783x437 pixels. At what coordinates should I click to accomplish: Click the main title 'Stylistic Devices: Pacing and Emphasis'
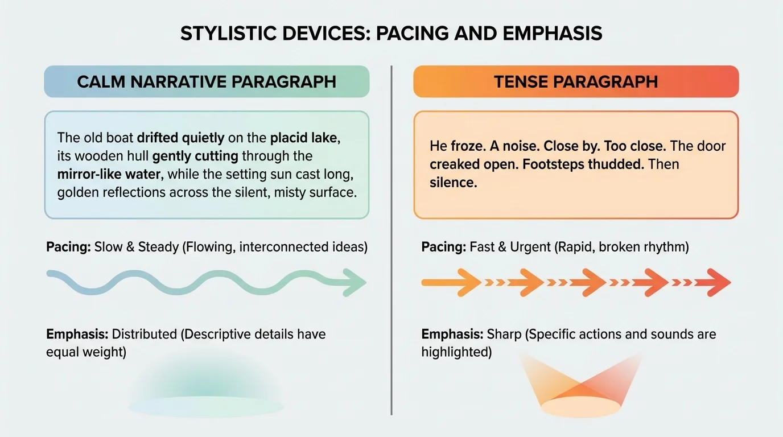pos(391,34)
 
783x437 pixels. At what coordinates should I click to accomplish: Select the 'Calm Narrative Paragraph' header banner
pos(207,81)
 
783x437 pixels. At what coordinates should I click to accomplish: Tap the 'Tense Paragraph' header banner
pos(575,81)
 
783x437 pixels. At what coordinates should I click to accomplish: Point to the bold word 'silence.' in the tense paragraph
pos(453,183)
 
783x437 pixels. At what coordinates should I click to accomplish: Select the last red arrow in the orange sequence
pos(716,283)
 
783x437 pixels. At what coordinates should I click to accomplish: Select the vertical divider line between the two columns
pos(391,239)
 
